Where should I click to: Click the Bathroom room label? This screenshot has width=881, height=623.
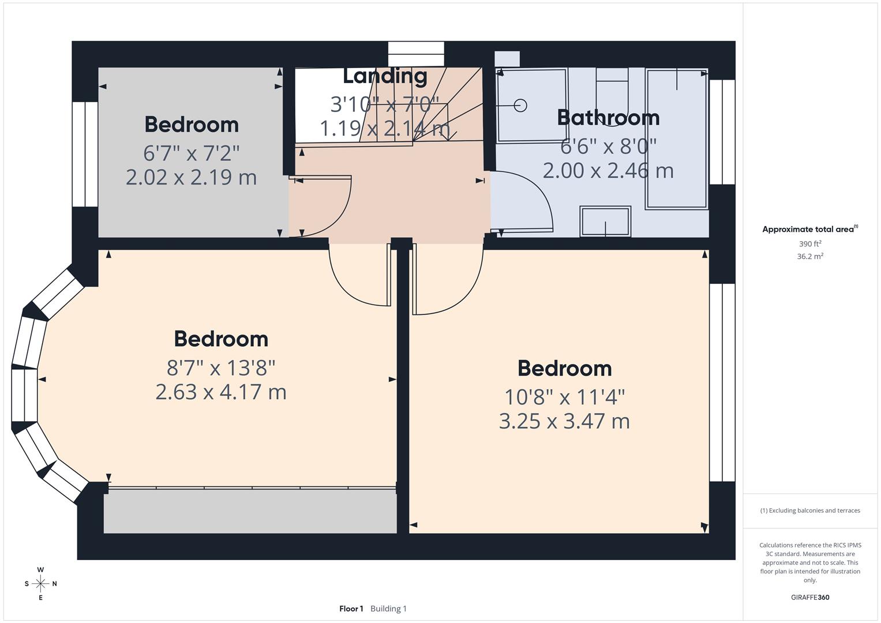point(608,118)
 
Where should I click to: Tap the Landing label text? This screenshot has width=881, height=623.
point(385,76)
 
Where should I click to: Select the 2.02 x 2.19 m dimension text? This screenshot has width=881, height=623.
point(191,177)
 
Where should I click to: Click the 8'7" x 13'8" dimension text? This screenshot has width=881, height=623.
point(221,367)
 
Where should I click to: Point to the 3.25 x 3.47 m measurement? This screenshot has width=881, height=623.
point(564,421)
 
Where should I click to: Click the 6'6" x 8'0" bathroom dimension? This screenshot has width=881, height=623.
point(608,147)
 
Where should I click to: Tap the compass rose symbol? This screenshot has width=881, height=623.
point(40,584)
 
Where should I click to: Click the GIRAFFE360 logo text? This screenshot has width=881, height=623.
point(810,598)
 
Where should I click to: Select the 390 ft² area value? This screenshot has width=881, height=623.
point(810,244)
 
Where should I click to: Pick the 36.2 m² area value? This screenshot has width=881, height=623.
point(810,257)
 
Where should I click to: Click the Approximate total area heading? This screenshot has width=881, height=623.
point(809,230)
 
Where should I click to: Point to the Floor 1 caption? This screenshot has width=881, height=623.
point(351,609)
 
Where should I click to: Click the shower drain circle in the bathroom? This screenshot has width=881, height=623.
point(520,106)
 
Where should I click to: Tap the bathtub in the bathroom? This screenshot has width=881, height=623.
point(677,138)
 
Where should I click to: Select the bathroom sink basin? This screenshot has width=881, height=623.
point(605,222)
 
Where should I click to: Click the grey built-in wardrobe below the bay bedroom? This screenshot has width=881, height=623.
point(250,512)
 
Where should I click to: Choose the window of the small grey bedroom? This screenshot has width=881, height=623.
point(85,154)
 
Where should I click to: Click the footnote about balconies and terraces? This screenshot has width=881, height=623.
point(810,511)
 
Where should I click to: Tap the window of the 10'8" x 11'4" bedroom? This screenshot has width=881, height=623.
point(722,382)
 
